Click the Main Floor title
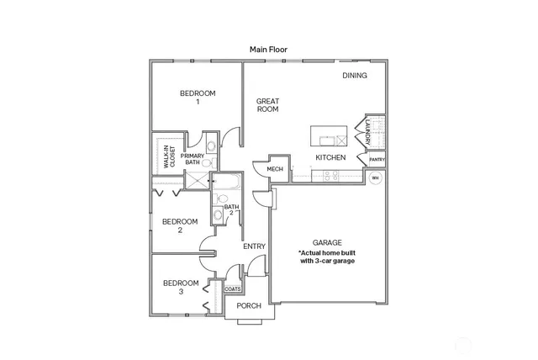(268, 50)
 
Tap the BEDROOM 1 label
(198, 97)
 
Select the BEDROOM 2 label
(180, 225)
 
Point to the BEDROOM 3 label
(180, 287)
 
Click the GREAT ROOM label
(267, 105)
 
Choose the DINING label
(354, 76)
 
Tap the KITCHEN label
(330, 157)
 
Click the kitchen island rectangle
(329, 135)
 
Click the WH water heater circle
(376, 178)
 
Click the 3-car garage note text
(327, 257)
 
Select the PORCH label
(249, 305)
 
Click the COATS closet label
(233, 289)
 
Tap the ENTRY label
(254, 246)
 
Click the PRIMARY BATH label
(193, 159)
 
